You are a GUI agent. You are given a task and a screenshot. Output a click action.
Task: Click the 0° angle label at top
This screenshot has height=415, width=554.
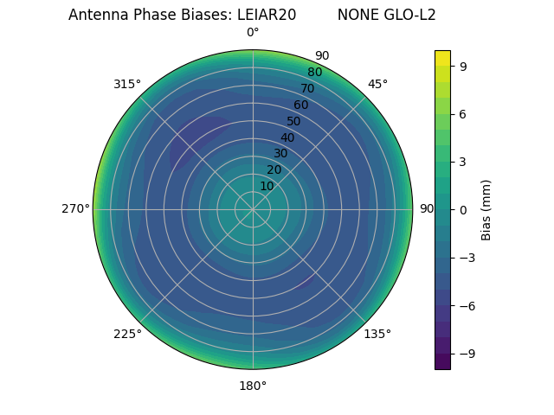pyautogui.click(x=253, y=33)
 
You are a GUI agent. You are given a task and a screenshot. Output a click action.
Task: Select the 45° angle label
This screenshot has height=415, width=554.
pyautogui.click(x=377, y=84)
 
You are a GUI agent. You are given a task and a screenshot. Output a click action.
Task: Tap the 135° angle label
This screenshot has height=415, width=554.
pyautogui.click(x=377, y=334)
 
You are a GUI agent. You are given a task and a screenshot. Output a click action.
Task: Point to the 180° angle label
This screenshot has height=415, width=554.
pyautogui.click(x=253, y=386)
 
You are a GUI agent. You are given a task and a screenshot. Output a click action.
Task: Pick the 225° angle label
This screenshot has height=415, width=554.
pyautogui.click(x=127, y=334)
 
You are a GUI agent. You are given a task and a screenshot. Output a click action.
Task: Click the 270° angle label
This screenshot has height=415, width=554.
pyautogui.click(x=75, y=209)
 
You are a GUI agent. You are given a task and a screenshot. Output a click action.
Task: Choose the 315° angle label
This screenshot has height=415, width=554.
pyautogui.click(x=127, y=84)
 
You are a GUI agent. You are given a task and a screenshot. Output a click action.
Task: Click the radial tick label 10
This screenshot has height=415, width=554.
pyautogui.click(x=267, y=186)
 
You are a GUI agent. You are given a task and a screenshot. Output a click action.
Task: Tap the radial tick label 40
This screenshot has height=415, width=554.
pyautogui.click(x=287, y=137)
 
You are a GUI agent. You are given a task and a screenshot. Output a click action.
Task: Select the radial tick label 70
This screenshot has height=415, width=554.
pyautogui.click(x=307, y=89)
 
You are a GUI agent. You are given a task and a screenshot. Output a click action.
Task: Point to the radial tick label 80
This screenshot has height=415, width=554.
pyautogui.click(x=314, y=73)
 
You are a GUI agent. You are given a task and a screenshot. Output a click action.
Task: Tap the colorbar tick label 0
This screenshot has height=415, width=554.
pyautogui.click(x=463, y=209)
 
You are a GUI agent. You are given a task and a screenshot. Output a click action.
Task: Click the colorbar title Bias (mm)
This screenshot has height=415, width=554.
pyautogui.click(x=486, y=209)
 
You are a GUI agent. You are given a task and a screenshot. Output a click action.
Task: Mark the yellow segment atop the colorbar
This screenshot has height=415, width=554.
pyautogui.click(x=442, y=58)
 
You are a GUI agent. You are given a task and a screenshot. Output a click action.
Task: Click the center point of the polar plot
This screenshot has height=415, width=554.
pyautogui.click(x=253, y=209)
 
